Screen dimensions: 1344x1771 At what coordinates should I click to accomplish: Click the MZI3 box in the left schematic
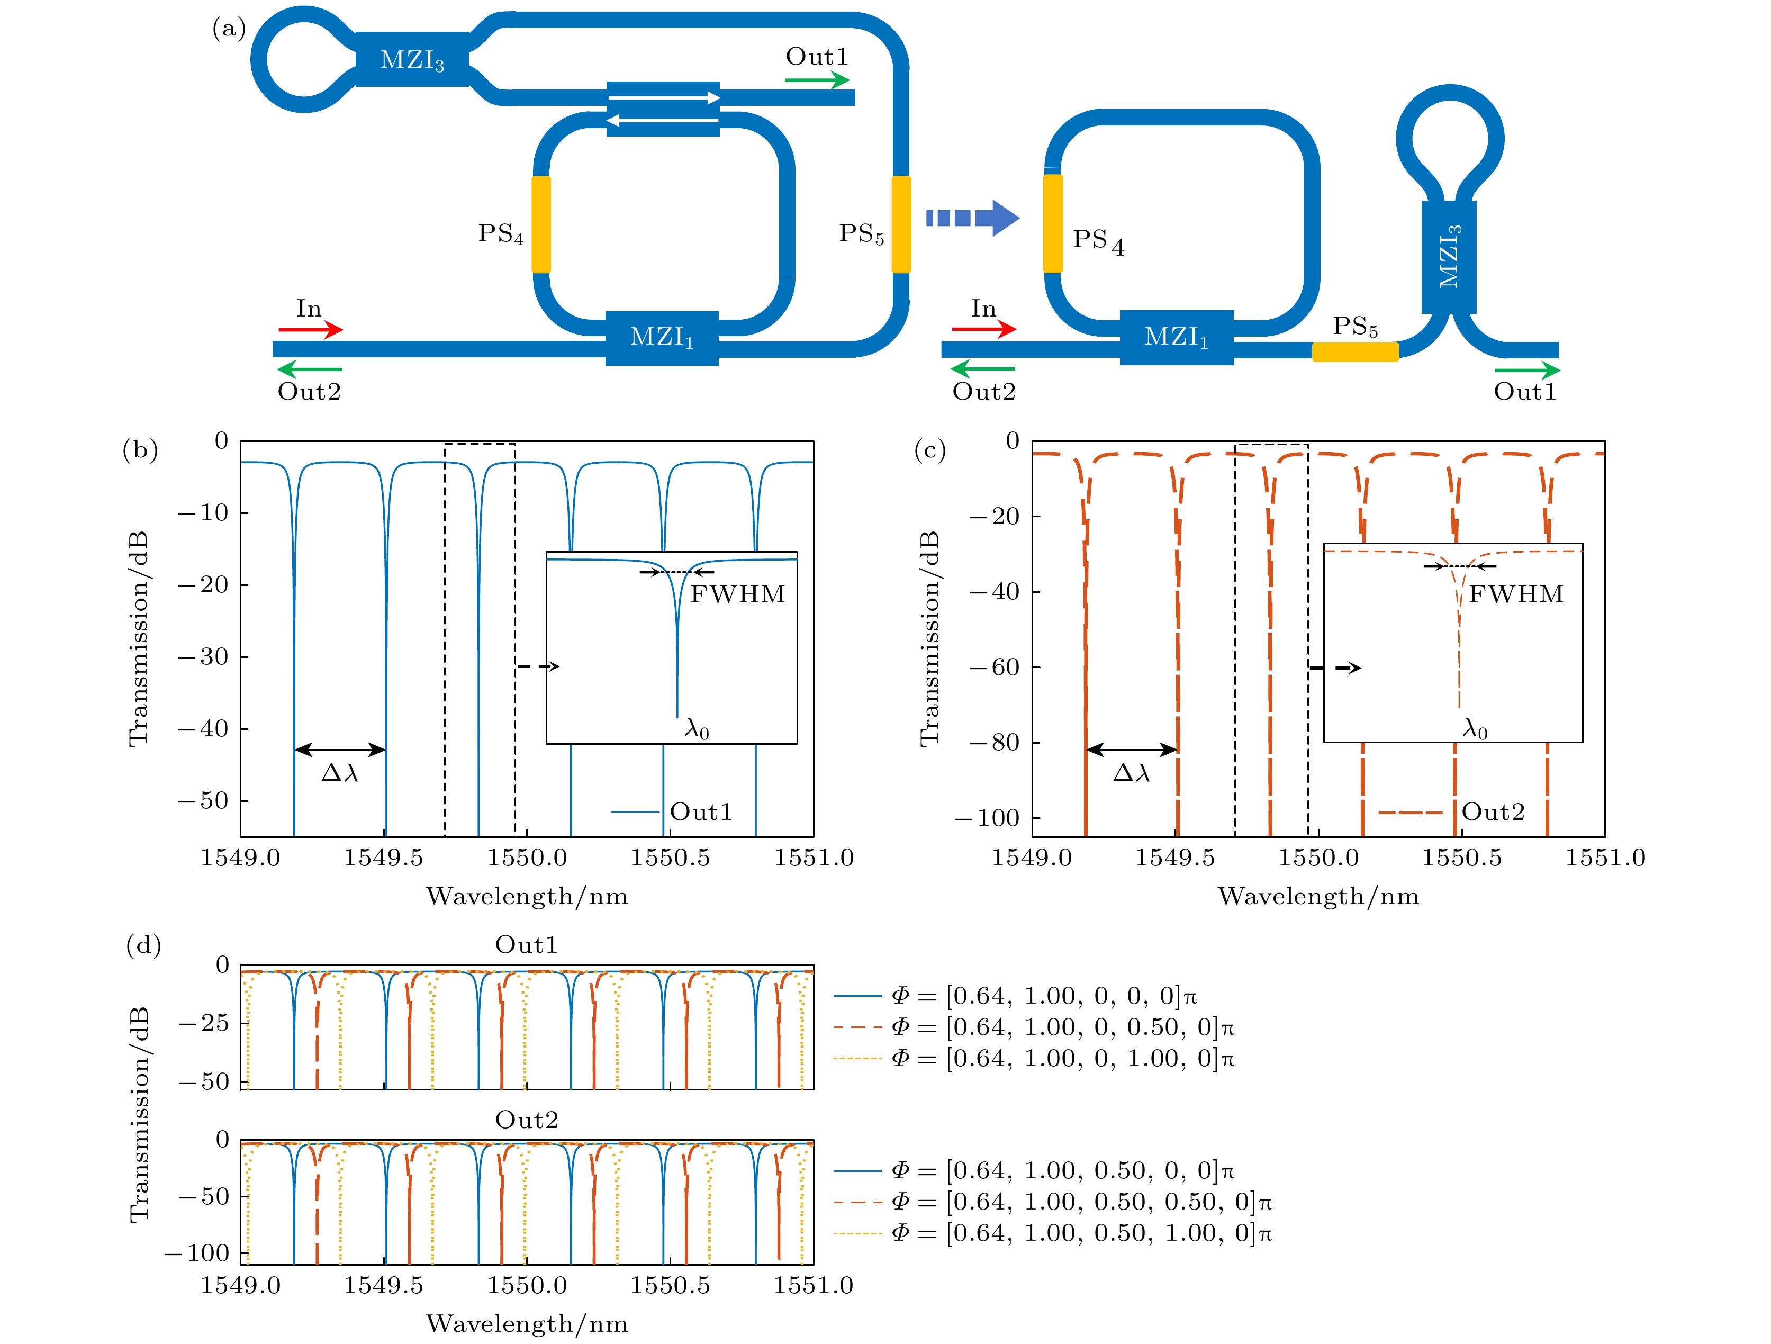coord(412,59)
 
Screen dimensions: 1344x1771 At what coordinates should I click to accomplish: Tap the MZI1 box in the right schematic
coord(1176,337)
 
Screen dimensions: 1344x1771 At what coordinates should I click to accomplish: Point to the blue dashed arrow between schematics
coord(972,218)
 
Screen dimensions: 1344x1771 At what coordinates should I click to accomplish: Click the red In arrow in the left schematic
coord(311,329)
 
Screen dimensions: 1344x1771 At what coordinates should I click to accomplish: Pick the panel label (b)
coord(140,450)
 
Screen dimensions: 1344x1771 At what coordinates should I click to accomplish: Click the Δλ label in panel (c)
coord(1131,772)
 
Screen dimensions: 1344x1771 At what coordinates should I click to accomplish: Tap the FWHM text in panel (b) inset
coord(737,594)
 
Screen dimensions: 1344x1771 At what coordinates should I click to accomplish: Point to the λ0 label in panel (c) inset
coord(1475,728)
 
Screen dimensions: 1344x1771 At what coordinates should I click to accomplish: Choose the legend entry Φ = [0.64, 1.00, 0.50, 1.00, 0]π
coord(1052,1233)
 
